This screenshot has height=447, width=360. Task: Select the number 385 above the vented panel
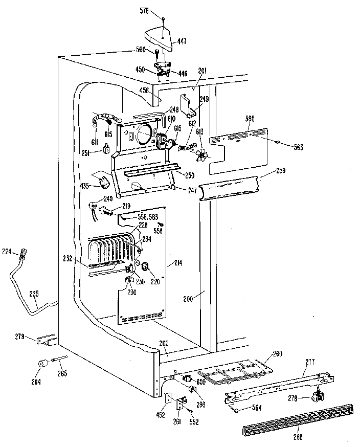[250, 119]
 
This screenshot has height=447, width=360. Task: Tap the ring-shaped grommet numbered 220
[145, 265]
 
